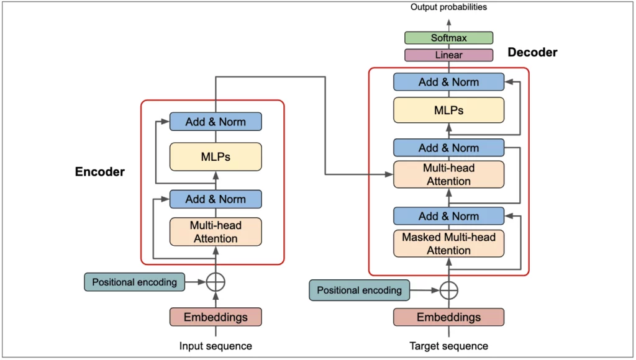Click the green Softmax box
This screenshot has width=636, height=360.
tap(448, 38)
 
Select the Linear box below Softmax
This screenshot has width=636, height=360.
tap(448, 55)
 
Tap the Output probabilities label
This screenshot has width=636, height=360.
tap(448, 7)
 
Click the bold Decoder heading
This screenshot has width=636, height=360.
tap(532, 53)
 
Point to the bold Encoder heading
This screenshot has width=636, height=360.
tap(100, 172)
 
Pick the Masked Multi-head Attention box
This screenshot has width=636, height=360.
tap(448, 243)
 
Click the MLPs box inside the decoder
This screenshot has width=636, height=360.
tap(448, 110)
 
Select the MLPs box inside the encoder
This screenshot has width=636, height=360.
tap(216, 156)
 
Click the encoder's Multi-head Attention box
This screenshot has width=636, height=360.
tap(216, 232)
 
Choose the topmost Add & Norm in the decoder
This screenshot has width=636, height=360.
tap(448, 82)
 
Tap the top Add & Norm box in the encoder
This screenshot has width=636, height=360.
tap(216, 122)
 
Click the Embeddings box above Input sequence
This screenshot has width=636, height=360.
tap(216, 317)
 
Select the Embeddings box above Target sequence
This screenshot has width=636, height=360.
tap(448, 317)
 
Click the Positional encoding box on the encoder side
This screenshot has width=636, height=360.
tap(135, 282)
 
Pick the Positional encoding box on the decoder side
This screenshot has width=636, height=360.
tap(360, 290)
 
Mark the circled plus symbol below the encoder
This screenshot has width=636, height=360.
tap(216, 282)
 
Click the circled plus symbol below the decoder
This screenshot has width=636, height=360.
tap(448, 290)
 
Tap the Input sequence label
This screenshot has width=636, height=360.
tap(216, 346)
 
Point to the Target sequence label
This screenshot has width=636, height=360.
tap(448, 346)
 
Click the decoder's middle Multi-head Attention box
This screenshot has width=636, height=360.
tap(448, 174)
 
